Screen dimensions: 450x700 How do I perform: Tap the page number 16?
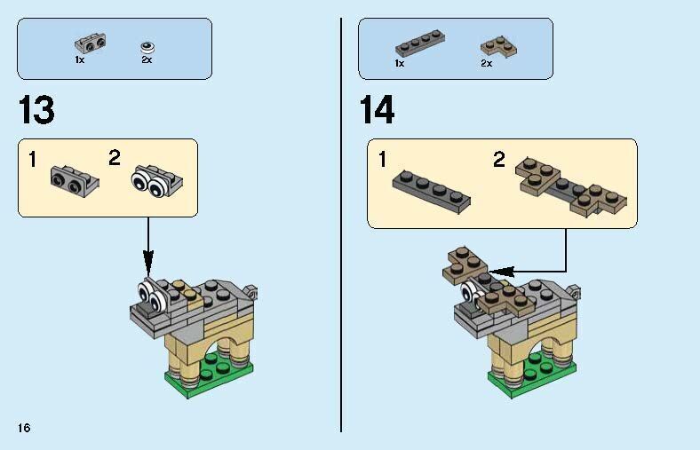coord(23,429)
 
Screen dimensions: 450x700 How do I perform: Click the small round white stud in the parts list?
coord(147,47)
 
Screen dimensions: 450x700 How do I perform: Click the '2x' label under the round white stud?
coord(147,60)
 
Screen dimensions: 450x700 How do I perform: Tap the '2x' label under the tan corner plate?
coord(486,64)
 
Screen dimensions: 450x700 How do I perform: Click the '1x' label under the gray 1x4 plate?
coord(400,64)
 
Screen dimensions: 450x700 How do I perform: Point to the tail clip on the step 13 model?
coord(252,290)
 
